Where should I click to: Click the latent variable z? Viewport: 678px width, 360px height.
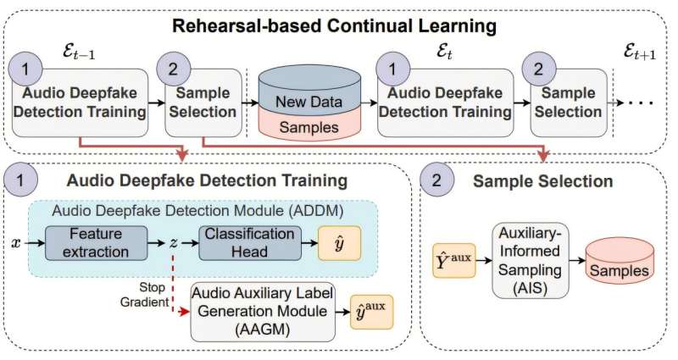pyautogui.click(x=173, y=242)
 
